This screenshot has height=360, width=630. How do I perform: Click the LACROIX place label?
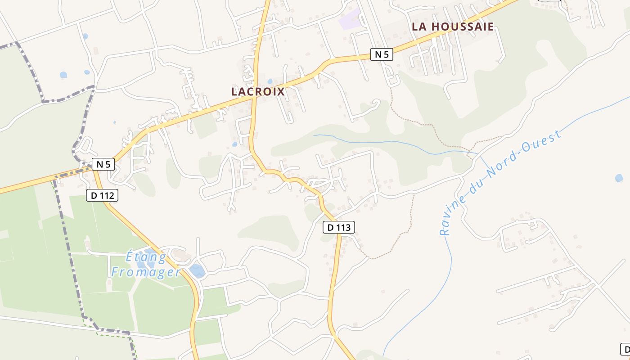(258, 92)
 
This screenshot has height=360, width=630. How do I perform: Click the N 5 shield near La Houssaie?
(382, 54)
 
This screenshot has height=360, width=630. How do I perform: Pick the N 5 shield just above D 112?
(103, 164)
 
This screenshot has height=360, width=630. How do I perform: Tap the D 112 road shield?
(102, 195)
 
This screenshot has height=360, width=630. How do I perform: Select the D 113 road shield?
(339, 227)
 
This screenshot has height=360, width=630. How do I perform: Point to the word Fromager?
(146, 272)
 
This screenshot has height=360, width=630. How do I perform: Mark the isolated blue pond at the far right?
(619, 178)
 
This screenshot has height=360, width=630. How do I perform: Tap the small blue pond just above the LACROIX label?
(270, 81)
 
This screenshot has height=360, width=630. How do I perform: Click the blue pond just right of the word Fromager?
(197, 270)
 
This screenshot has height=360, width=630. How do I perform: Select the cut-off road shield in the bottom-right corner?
(625, 349)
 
